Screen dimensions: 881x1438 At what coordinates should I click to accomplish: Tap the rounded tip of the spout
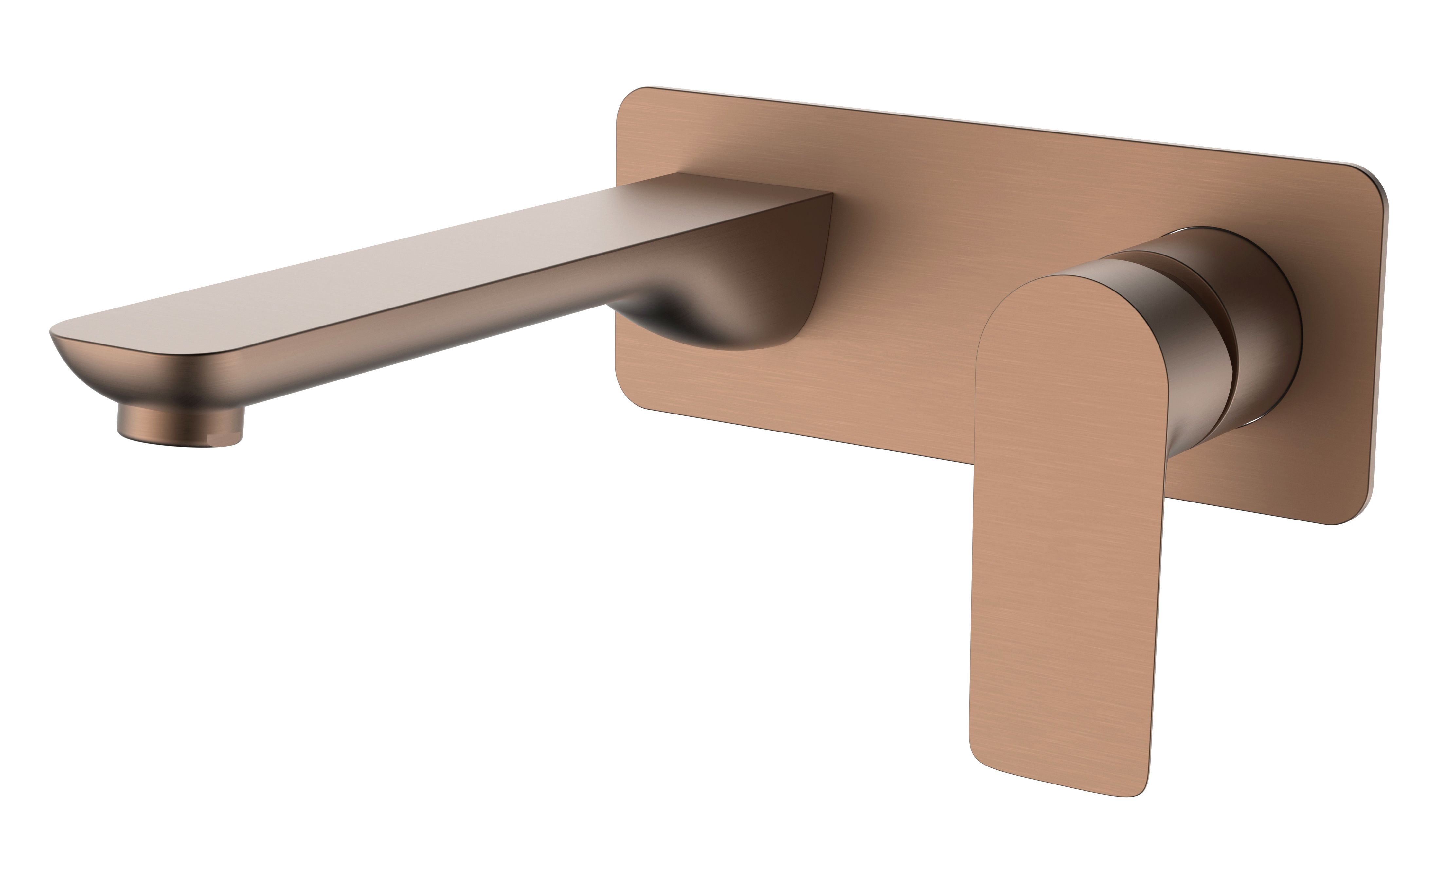pyautogui.click(x=55, y=333)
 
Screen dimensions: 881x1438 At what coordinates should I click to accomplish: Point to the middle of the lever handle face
pyautogui.click(x=1056, y=525)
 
